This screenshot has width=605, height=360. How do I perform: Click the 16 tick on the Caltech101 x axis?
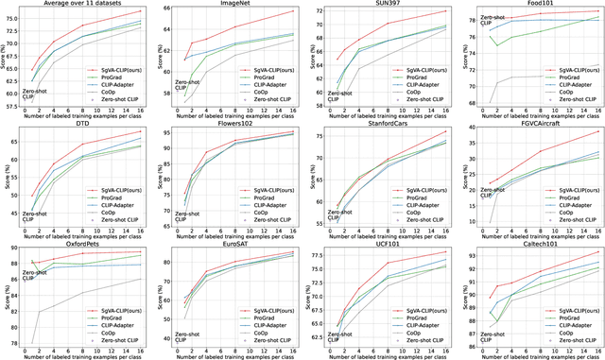[x=597, y=349]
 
